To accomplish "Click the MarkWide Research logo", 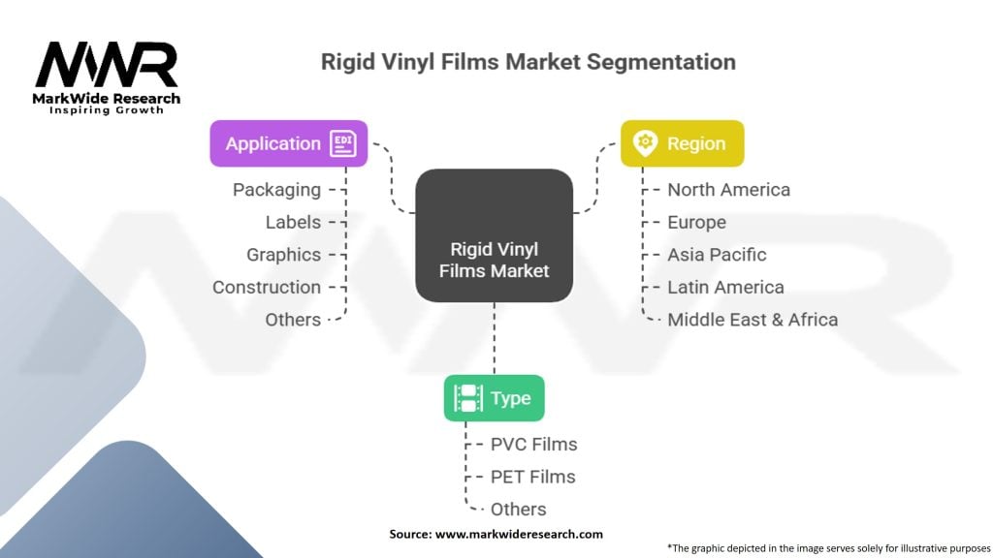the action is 107,77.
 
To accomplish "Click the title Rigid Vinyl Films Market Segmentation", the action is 529,62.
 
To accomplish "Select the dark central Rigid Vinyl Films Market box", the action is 494,234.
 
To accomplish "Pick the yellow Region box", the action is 682,143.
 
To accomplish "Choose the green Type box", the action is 494,398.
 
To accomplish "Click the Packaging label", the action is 276,190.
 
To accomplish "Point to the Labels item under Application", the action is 293,222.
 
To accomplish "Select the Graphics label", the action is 283,255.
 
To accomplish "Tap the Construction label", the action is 267,287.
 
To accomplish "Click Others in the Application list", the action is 293,320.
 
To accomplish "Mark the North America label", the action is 728,190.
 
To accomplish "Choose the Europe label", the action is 696,222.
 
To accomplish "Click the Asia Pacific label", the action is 717,255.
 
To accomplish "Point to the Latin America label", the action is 725,287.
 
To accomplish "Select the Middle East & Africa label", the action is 753,320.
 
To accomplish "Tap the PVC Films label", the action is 533,445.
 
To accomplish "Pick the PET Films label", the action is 532,477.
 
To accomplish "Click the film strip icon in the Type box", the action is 468,398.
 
